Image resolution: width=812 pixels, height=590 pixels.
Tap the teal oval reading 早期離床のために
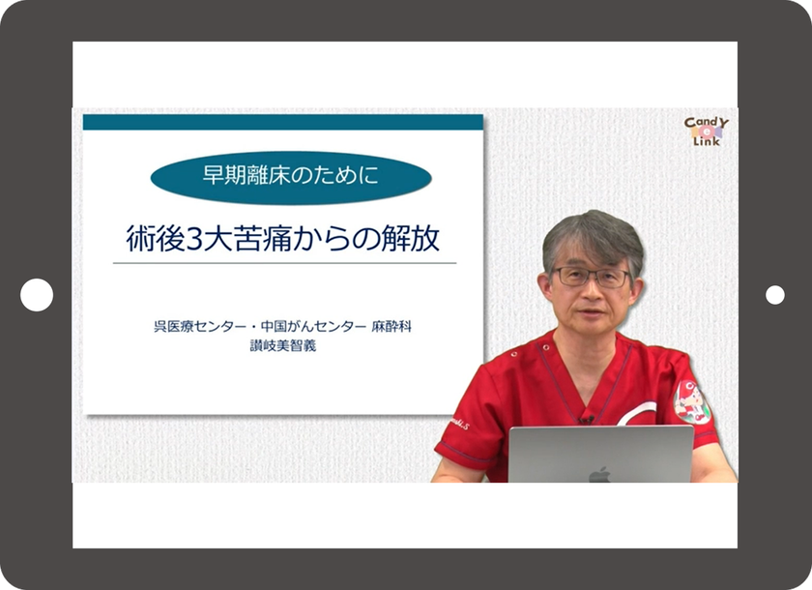291,178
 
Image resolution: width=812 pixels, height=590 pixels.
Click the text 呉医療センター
188,327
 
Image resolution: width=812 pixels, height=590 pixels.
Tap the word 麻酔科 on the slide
391,327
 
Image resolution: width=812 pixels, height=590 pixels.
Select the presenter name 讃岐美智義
282,344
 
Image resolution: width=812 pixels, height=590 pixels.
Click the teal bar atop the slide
282,122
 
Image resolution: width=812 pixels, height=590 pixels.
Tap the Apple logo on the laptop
600,474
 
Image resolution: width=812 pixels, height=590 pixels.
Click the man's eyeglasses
592,277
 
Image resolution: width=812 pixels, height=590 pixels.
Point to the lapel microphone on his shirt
585,418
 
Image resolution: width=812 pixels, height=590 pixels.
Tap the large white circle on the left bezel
37,295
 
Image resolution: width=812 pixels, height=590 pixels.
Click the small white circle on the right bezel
775,295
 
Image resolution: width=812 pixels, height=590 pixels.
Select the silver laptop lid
600,455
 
